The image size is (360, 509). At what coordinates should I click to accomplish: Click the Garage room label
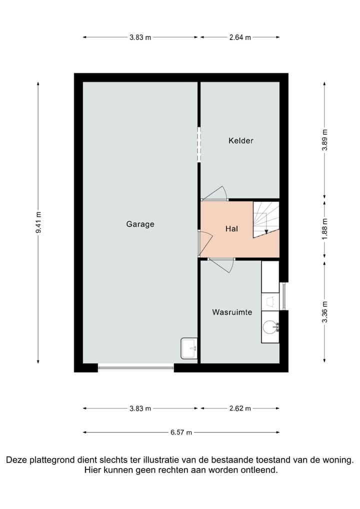click(140, 224)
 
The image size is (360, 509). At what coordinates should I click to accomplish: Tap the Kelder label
click(240, 140)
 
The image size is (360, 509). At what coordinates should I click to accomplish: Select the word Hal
click(231, 229)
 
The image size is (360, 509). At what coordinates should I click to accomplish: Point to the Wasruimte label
click(232, 312)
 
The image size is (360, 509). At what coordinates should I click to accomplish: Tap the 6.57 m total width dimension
click(181, 432)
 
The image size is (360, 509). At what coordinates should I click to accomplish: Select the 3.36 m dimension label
click(325, 312)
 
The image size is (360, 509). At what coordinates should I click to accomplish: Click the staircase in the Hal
click(266, 219)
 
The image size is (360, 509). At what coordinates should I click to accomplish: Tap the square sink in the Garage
click(188, 348)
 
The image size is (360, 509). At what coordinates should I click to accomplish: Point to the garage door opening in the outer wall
click(135, 368)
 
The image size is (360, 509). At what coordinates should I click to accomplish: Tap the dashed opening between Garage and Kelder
click(199, 144)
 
